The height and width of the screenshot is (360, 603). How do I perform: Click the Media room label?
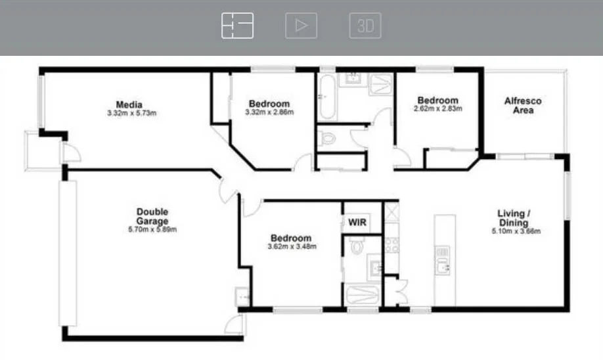click(129, 104)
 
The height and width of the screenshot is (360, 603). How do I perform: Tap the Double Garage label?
click(152, 216)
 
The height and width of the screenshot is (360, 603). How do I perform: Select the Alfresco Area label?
click(523, 106)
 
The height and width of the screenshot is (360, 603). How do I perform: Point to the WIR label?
click(357, 223)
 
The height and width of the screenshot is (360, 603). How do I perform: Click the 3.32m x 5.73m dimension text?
click(132, 113)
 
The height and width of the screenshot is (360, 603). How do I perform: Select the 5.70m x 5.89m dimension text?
click(152, 230)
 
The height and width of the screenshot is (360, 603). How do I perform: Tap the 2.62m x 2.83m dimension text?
click(437, 109)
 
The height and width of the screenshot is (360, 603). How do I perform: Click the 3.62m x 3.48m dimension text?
click(292, 247)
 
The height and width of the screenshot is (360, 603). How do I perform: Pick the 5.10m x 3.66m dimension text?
click(514, 231)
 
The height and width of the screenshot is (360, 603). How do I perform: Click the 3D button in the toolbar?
click(365, 26)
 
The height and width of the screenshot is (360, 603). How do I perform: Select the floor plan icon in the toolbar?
click(237, 26)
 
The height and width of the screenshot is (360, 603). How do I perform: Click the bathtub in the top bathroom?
click(326, 97)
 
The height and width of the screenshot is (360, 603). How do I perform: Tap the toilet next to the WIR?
click(357, 246)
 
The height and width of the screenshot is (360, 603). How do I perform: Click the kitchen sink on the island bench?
click(443, 265)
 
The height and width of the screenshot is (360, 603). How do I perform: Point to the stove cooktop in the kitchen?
click(392, 245)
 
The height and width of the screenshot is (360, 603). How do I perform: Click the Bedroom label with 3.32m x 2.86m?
click(269, 104)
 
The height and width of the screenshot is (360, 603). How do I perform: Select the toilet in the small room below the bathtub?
click(328, 138)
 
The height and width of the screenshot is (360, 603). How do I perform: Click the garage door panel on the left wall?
click(68, 254)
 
